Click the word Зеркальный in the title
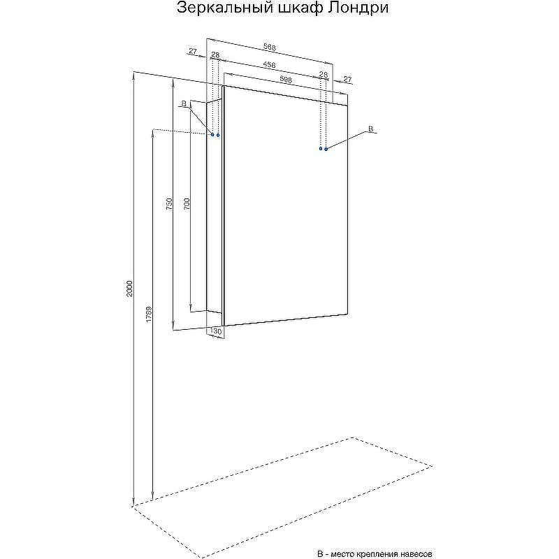coord(224,8)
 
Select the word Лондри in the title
coord(358,8)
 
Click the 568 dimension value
coord(270,47)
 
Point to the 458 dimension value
coord(269,65)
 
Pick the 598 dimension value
coord(286,80)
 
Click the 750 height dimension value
coord(169,203)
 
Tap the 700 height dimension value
coord(187,203)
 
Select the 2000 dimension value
coord(129,289)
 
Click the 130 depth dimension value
coord(216,331)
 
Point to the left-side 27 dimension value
coord(193,51)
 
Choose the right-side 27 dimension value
coord(347,79)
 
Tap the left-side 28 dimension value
coord(215,55)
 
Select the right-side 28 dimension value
coord(323,74)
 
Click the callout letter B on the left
coord(184,103)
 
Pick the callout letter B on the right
coord(370,129)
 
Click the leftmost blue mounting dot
coord(213,135)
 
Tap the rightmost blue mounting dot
coord(326,149)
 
